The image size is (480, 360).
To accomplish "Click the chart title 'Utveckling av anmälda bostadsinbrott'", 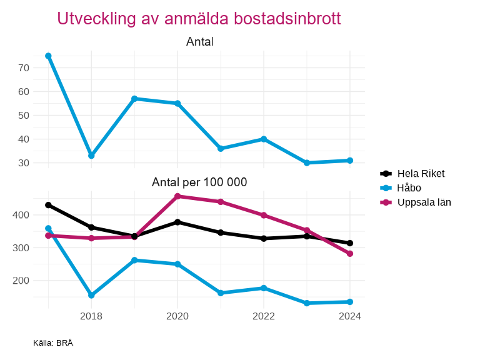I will pos(199,19).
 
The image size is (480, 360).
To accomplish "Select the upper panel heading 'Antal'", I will pos(200,42).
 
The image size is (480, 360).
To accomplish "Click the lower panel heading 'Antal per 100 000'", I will pos(199,182).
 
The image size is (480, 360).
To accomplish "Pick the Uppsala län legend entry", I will pos(424,202).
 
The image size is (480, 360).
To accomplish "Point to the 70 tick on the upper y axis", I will pos(24,67).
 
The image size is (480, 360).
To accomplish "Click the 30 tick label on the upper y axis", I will pos(24,163).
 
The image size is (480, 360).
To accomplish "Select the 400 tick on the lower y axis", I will pos(21,215).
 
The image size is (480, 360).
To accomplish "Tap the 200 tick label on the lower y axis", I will pos(21,281).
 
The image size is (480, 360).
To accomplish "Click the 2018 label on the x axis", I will pos(91,316).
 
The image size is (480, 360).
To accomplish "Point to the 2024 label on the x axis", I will pos(350,316).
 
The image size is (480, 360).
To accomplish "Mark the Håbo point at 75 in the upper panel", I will pos(48,56).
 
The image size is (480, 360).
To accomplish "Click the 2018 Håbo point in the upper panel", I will pos(91,156).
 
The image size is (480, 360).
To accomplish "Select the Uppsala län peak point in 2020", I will pos(177,196).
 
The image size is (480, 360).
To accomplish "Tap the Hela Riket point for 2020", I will pos(177,222).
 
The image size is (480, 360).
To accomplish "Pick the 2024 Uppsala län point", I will pos(350,254).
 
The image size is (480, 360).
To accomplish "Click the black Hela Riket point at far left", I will pos(48,205).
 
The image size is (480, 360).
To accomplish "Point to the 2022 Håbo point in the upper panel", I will pos(264,139).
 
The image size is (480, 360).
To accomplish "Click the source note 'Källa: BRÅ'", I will pos(53,342).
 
